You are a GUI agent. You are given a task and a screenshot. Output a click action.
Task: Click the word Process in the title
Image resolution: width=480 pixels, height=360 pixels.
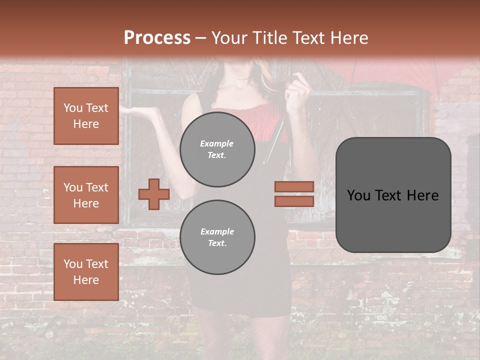pos(157,38)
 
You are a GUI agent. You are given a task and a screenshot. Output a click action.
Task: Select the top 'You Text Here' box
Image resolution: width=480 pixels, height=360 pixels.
pos(86,116)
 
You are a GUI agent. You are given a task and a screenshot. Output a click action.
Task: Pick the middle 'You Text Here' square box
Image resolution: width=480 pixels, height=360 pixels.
pos(86,195)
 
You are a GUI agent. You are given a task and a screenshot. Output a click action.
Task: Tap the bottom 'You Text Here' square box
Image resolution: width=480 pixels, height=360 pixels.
pos(86,272)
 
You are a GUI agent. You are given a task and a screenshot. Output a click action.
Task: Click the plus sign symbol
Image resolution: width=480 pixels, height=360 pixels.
pos(154,194)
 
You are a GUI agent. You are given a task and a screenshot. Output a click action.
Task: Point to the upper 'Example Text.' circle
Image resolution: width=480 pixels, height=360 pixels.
pos(217,149)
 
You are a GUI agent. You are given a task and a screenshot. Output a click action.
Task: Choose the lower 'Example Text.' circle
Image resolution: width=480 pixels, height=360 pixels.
pos(217,237)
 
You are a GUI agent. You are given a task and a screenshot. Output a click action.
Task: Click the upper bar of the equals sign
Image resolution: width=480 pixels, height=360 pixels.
pos(294,186)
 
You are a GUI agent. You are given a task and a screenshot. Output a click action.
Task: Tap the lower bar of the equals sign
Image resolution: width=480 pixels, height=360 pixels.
pos(294,201)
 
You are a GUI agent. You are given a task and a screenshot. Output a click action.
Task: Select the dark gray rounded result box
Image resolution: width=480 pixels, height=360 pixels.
pos(393,195)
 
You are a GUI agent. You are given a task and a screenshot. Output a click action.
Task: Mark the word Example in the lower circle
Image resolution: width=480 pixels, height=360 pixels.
pos(217,231)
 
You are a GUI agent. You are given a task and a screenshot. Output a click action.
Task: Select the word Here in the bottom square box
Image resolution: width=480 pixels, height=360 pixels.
pos(86,280)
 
